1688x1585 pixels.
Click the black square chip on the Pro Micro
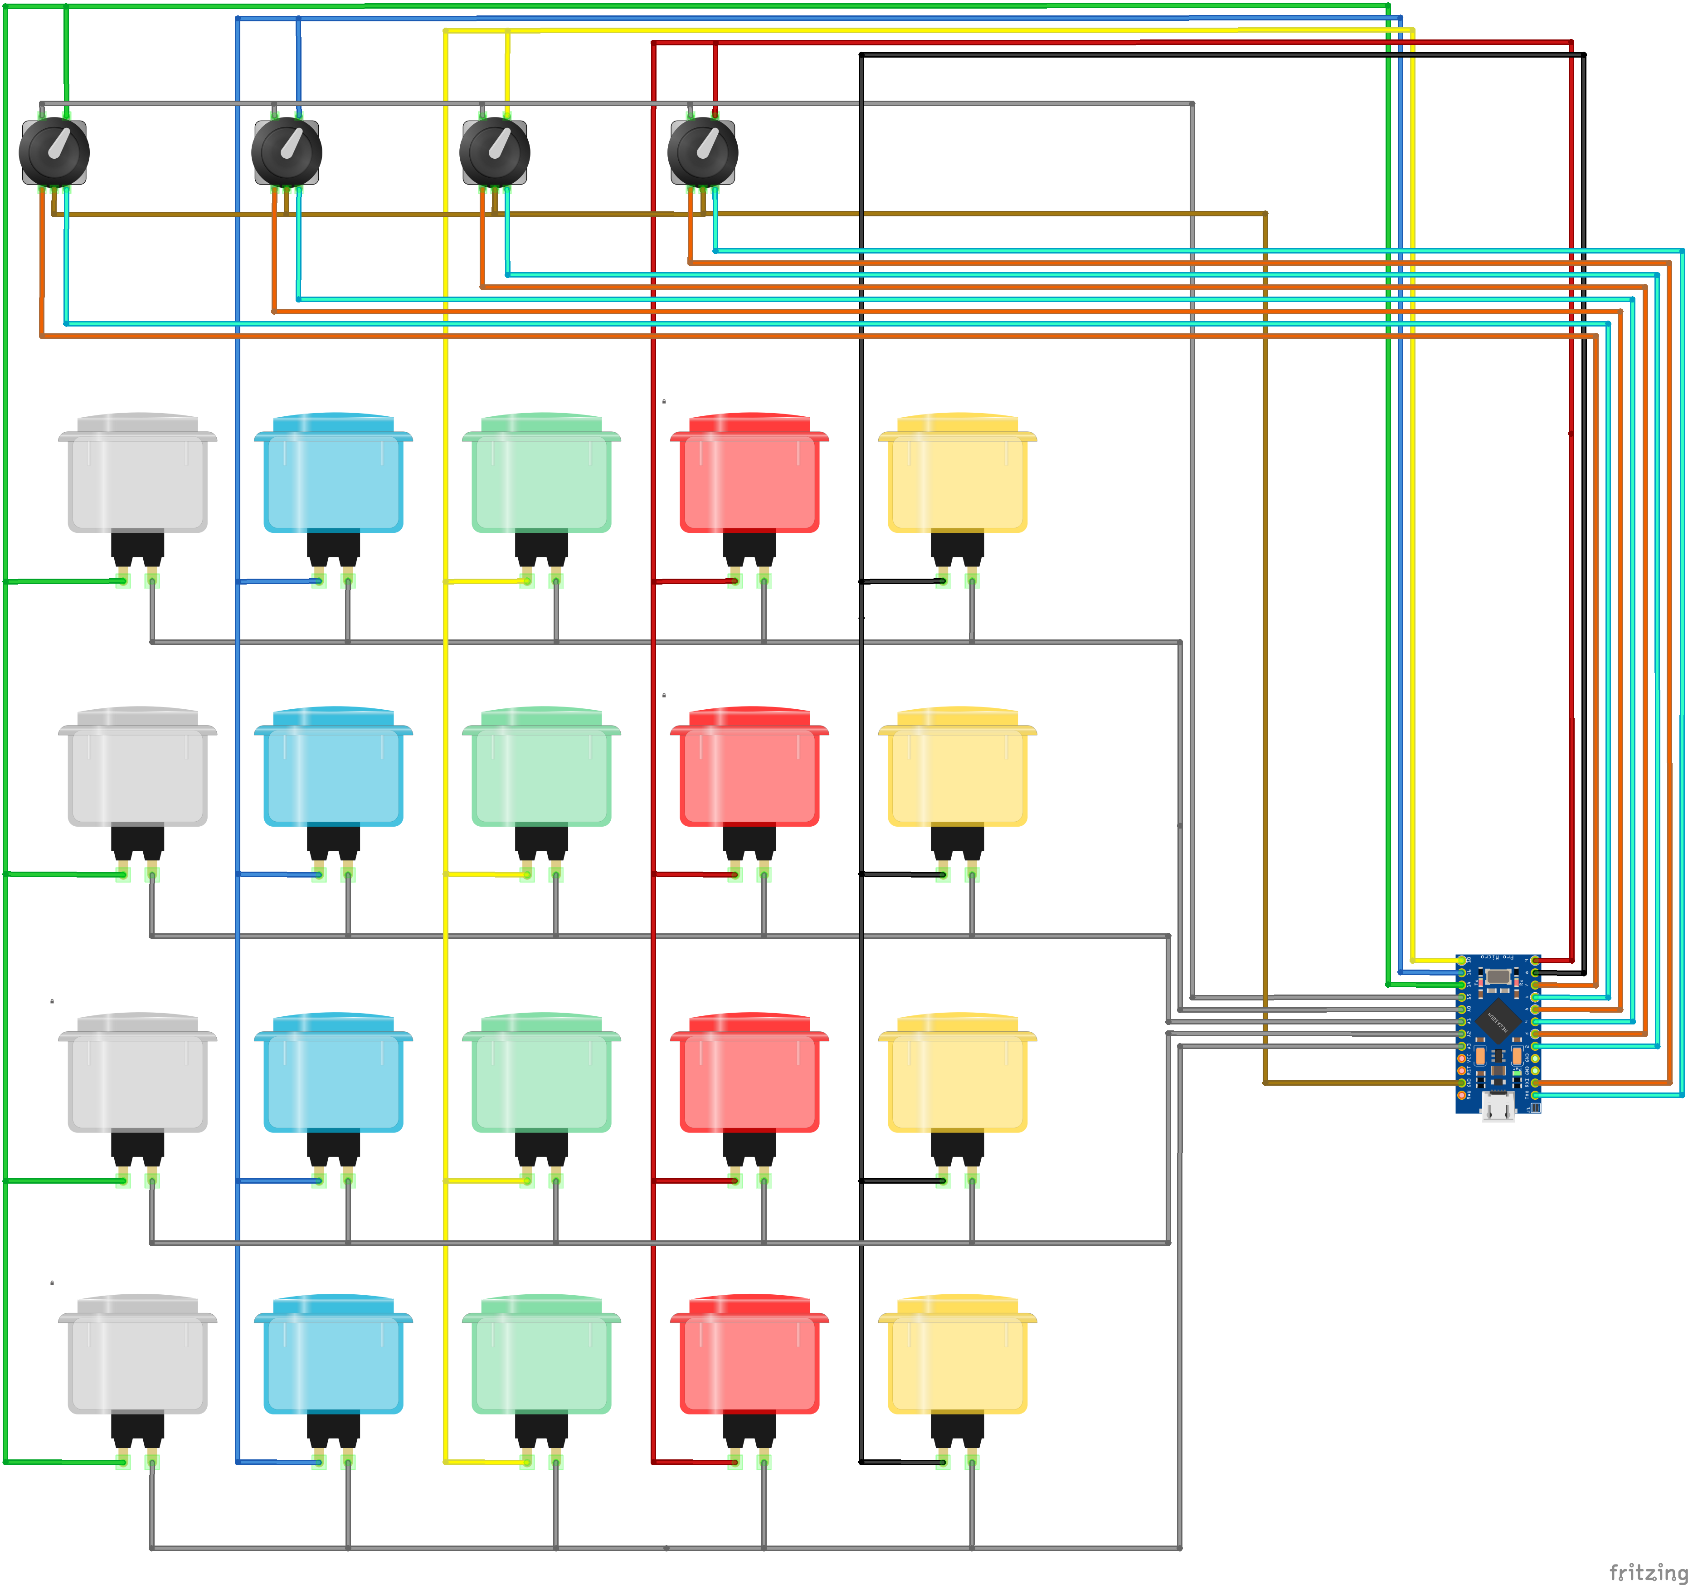point(1498,1020)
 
